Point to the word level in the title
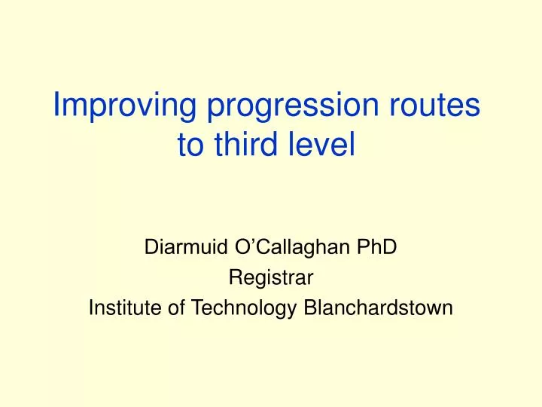[x=323, y=145]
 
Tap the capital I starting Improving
[x=56, y=107]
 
